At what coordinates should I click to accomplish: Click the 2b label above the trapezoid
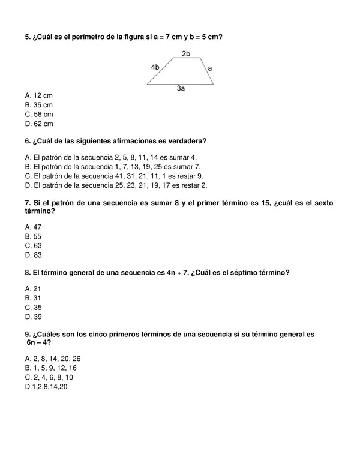tap(186, 54)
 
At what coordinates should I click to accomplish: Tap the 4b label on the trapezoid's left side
tap(155, 67)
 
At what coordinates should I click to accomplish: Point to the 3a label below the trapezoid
tap(181, 89)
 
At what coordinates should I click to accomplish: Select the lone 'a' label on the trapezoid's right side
tap(209, 68)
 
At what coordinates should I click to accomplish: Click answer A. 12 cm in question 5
tap(39, 95)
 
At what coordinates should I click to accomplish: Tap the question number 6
tap(28, 141)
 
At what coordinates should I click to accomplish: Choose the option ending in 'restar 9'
tap(114, 176)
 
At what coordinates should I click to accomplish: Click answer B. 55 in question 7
tap(33, 236)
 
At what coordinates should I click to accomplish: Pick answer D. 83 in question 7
tap(33, 255)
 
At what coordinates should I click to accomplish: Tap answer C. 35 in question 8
tap(33, 307)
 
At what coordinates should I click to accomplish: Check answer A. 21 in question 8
tap(33, 288)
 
